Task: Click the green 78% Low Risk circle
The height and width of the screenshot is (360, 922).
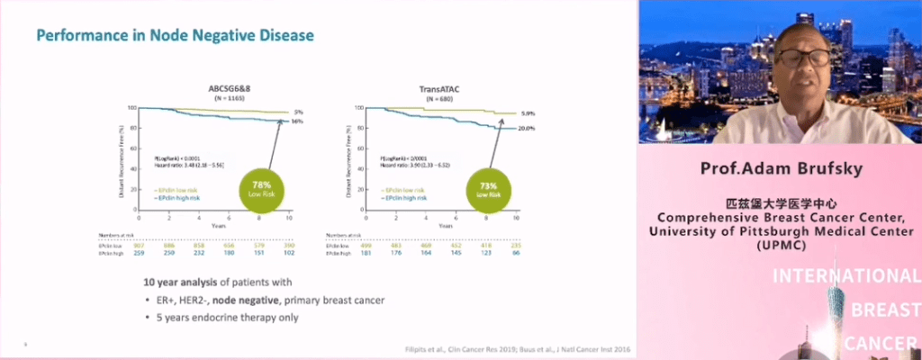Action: click(263, 191)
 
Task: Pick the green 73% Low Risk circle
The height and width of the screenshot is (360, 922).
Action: click(489, 191)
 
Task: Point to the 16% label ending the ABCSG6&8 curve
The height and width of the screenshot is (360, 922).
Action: click(298, 121)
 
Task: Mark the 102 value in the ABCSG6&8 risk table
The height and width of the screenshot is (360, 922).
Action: click(289, 252)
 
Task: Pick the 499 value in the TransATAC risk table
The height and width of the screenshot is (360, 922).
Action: click(365, 244)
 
